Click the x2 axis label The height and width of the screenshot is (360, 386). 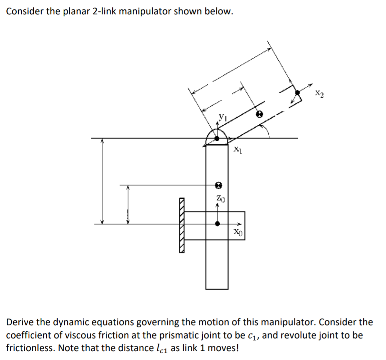318,94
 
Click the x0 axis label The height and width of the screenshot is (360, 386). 237,231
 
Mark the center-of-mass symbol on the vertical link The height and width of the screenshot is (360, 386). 218,185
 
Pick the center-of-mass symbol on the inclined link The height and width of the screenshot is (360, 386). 259,114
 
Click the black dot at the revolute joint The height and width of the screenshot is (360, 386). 217,138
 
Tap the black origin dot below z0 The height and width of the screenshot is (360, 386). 217,224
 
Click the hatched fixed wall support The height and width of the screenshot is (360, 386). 182,225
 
